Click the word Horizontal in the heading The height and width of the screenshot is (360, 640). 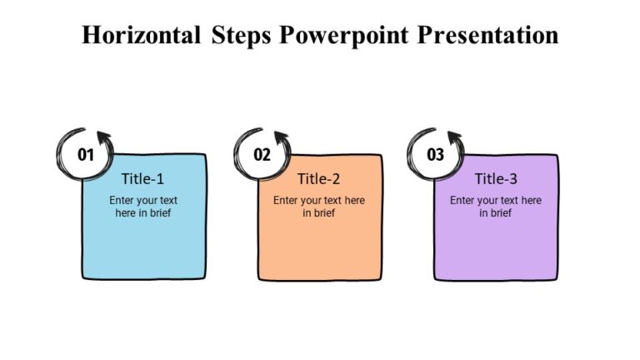(x=141, y=36)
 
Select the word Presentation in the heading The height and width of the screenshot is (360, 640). (x=489, y=36)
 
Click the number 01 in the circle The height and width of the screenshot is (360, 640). (x=86, y=154)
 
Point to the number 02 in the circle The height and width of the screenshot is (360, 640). (x=262, y=154)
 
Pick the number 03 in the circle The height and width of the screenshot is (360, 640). (x=436, y=154)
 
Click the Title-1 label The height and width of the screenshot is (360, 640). (x=142, y=178)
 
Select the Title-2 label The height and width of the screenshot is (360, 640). (x=319, y=178)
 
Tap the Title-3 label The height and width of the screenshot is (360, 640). (x=496, y=178)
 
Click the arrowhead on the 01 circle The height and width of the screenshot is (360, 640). (x=103, y=137)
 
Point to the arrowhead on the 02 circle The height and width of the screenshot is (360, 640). (x=281, y=137)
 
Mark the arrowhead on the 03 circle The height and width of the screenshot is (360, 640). (x=454, y=137)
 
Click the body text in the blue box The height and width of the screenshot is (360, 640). (x=143, y=207)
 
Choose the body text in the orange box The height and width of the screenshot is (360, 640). (x=319, y=207)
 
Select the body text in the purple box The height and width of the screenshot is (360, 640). (x=496, y=207)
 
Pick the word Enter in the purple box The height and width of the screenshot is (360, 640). (x=462, y=200)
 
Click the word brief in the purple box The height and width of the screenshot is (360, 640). (x=501, y=213)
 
